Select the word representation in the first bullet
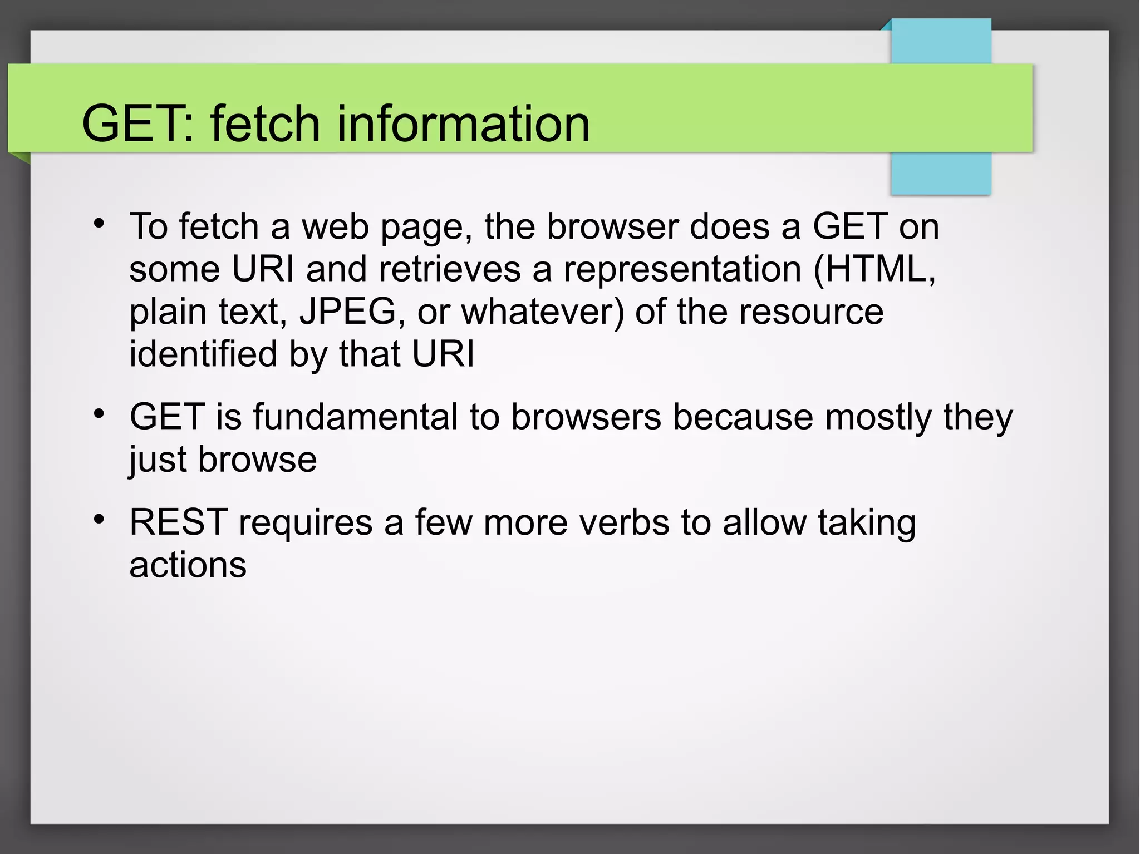tap(682, 269)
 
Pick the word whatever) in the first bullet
tap(543, 312)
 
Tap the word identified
tap(203, 354)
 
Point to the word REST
tap(178, 522)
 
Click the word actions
tap(188, 565)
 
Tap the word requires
tap(306, 524)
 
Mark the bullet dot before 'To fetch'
tap(99, 224)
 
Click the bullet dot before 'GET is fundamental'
tap(99, 414)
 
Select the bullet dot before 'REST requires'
tap(99, 520)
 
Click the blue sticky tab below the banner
tap(941, 174)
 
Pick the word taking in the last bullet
tap(867, 524)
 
